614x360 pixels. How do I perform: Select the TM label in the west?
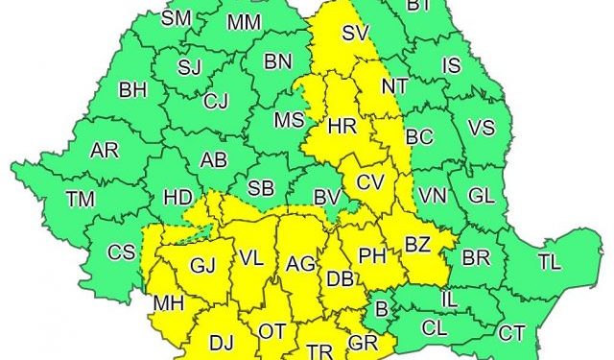pyautogui.click(x=81, y=199)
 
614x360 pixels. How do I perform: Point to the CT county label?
pyautogui.click(x=511, y=332)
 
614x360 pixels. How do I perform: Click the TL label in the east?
pyautogui.click(x=550, y=261)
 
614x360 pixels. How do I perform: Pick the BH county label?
pyautogui.click(x=132, y=91)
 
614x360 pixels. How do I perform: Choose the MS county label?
pyautogui.click(x=288, y=121)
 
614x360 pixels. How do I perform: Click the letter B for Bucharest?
pyautogui.click(x=382, y=309)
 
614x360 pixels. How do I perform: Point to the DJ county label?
pyautogui.click(x=222, y=341)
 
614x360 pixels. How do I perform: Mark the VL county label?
pyautogui.click(x=251, y=258)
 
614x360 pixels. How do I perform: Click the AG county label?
pyautogui.click(x=300, y=262)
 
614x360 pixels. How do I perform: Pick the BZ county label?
pyautogui.click(x=416, y=244)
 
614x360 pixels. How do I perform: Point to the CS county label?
pyautogui.click(x=121, y=252)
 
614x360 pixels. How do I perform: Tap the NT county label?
pyautogui.click(x=394, y=85)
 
